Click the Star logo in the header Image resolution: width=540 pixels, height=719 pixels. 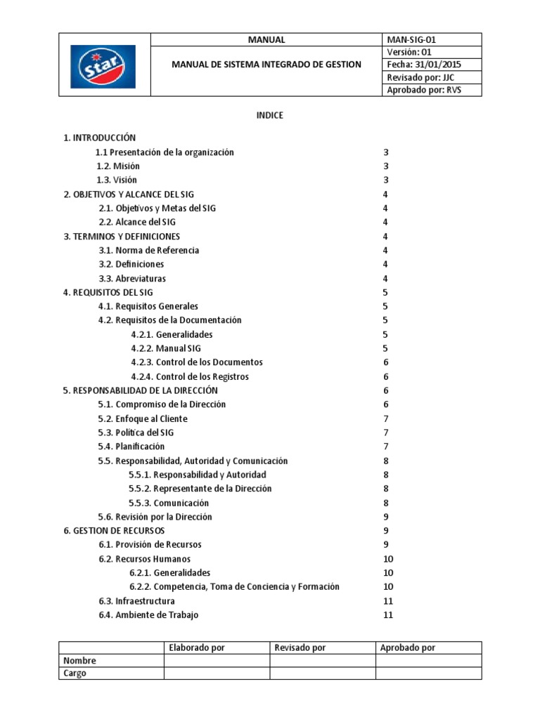pyautogui.click(x=103, y=66)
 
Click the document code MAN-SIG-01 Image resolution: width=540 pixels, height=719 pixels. pyautogui.click(x=411, y=40)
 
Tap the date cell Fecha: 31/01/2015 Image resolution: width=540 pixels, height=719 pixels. pyautogui.click(x=424, y=65)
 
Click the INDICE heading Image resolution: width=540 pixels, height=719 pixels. pyautogui.click(x=269, y=115)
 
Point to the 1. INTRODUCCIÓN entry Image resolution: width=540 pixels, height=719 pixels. pyautogui.click(x=99, y=138)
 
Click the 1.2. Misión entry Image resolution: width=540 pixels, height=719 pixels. pyautogui.click(x=118, y=166)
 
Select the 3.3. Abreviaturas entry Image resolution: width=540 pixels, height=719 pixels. pyautogui.click(x=132, y=278)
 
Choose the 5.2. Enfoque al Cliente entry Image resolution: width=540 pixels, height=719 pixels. pyautogui.click(x=143, y=418)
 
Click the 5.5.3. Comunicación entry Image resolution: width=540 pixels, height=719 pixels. pyautogui.click(x=169, y=503)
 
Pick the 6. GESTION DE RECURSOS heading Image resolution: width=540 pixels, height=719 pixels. pyautogui.click(x=114, y=531)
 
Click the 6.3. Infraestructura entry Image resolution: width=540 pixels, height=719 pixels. pyautogui.click(x=136, y=601)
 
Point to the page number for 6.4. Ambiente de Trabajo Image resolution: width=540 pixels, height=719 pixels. pyautogui.click(x=387, y=615)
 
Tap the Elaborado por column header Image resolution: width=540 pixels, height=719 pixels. pyautogui.click(x=197, y=647)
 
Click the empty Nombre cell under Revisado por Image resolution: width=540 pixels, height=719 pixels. pyautogui.click(x=322, y=660)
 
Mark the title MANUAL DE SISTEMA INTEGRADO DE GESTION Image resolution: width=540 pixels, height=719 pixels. pyautogui.click(x=266, y=65)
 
